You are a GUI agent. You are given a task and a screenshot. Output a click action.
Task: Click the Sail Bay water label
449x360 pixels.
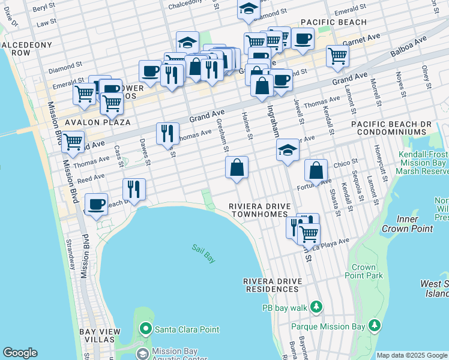[x=203, y=253]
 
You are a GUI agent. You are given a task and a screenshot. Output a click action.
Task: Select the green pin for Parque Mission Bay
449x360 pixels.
[x=375, y=326]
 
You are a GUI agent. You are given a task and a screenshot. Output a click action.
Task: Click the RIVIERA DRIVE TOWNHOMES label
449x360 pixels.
[x=260, y=210]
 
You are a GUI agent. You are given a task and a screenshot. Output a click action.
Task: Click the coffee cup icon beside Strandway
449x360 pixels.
[x=96, y=204]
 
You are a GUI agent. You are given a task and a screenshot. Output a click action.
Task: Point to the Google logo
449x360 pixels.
[x=20, y=353]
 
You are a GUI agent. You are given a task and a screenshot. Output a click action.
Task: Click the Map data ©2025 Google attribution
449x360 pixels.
[x=412, y=355]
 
